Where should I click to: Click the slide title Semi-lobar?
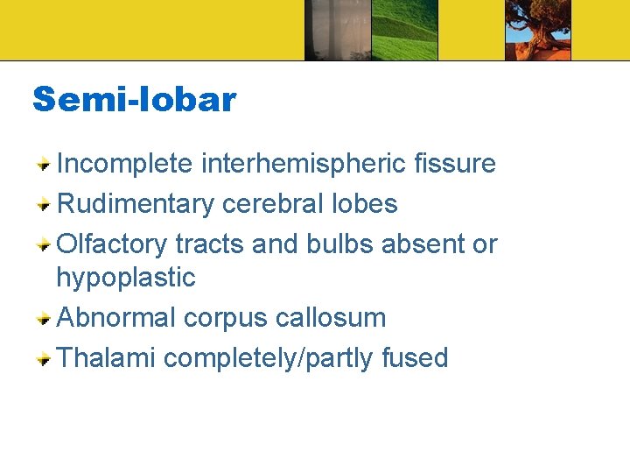pos(134,100)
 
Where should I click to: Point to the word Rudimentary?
pos(135,204)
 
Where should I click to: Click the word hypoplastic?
pos(125,278)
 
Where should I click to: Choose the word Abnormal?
pos(115,317)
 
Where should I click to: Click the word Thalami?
pos(105,357)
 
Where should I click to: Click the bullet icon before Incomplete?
pos(42,164)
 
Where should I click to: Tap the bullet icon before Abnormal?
pos(42,318)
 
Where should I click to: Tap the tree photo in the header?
pos(537,30)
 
